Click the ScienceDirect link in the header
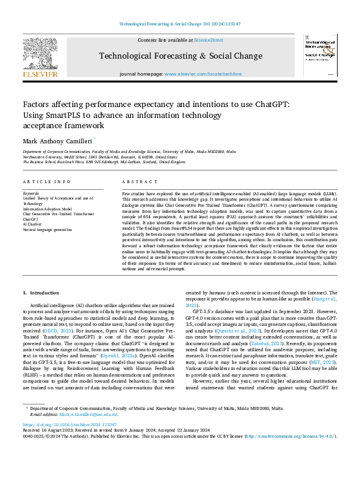(x=208, y=40)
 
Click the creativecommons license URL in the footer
(x=298, y=453)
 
